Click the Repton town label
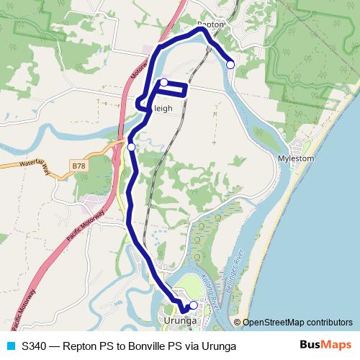coord(211,24)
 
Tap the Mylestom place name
coord(297,158)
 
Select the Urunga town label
coord(179,321)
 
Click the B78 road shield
coord(78,166)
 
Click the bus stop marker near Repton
coord(230,65)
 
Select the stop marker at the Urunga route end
coord(193,305)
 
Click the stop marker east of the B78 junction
coord(131,147)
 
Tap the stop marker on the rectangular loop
coord(164,82)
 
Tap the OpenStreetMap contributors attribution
coord(297,323)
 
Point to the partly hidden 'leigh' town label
coord(163,109)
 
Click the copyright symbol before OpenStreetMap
coord(238,323)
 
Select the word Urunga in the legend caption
coord(217,346)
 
